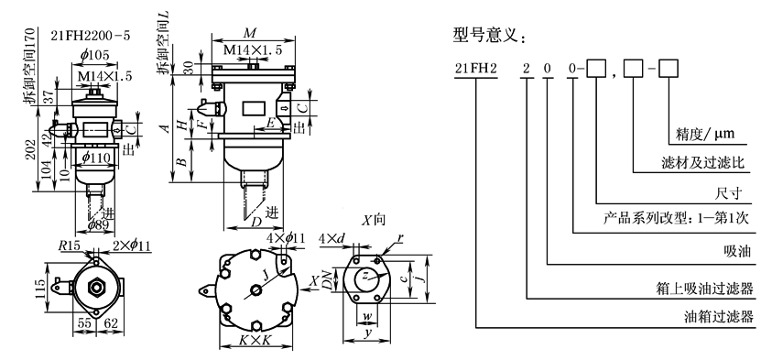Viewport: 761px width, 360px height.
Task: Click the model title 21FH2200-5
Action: click(91, 36)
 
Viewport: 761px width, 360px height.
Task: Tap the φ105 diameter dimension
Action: click(95, 55)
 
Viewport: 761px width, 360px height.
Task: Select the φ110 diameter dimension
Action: click(95, 158)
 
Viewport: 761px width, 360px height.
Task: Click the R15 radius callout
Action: click(69, 245)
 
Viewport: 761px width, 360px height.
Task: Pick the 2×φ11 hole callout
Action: click(132, 245)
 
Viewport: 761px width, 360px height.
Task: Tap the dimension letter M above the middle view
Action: click(249, 33)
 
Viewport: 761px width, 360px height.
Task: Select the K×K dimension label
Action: click(255, 341)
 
